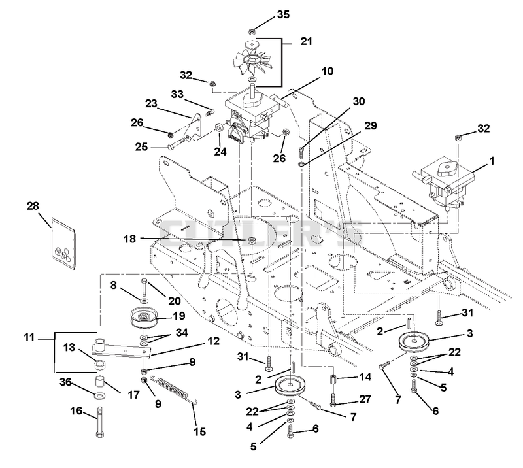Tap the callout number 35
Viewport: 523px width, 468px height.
pyautogui.click(x=283, y=14)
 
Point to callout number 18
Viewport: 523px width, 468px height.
pyautogui.click(x=130, y=239)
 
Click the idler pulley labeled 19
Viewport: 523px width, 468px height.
pyautogui.click(x=144, y=316)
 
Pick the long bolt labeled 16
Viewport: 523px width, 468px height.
pyautogui.click(x=100, y=422)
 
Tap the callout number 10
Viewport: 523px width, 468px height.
pyautogui.click(x=328, y=71)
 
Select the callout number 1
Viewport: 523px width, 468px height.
pyautogui.click(x=492, y=161)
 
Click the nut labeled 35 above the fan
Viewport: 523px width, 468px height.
pyautogui.click(x=252, y=31)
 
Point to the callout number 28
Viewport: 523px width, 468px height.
pyautogui.click(x=33, y=206)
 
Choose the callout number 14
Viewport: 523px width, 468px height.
pyautogui.click(x=365, y=377)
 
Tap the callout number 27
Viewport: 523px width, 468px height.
pyautogui.click(x=364, y=399)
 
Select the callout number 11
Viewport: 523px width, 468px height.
pyautogui.click(x=29, y=337)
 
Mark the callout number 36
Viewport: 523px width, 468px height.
pyautogui.click(x=65, y=382)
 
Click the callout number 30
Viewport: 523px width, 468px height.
pyautogui.click(x=359, y=101)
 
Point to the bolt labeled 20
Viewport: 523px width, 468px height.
pyautogui.click(x=144, y=287)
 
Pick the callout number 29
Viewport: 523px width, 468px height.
pyautogui.click(x=371, y=125)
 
